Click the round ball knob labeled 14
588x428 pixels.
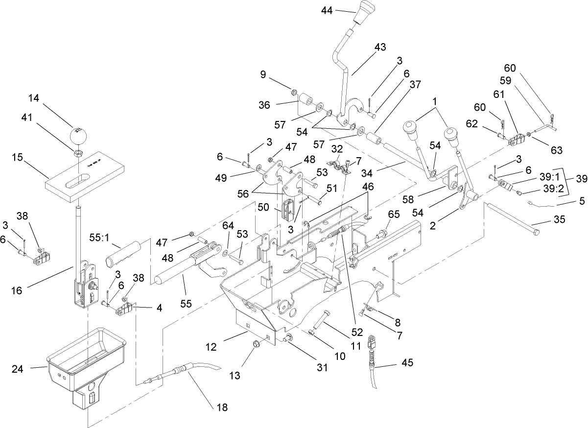tap(78, 135)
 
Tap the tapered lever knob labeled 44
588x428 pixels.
tap(361, 16)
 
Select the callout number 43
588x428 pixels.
tap(380, 48)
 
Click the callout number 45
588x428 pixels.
tap(407, 363)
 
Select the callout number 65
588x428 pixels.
tap(394, 214)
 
